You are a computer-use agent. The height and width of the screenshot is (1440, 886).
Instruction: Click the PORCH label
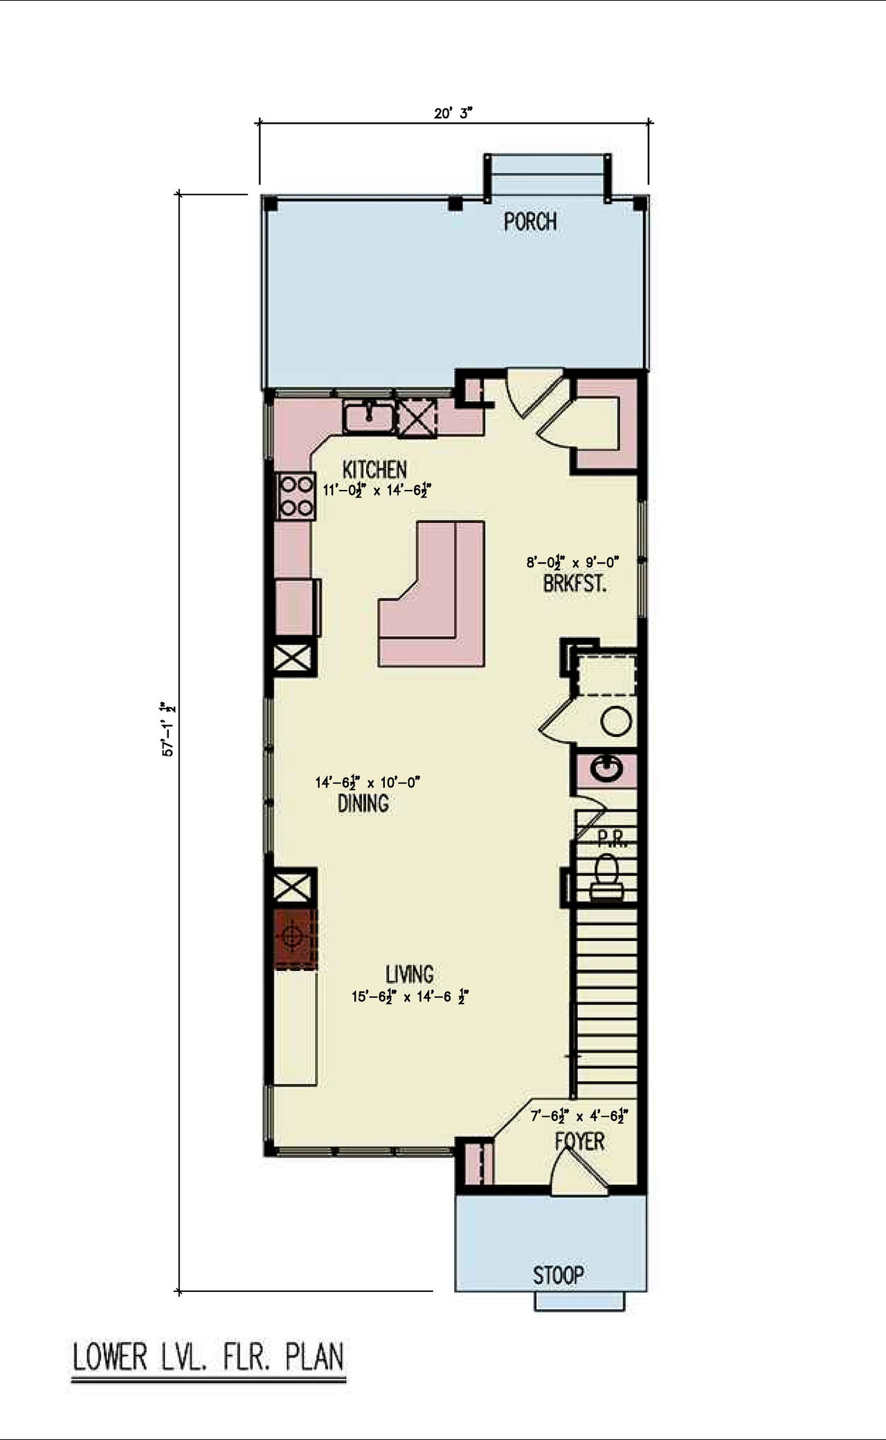pos(530,221)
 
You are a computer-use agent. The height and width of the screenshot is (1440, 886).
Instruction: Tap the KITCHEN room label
pos(374,469)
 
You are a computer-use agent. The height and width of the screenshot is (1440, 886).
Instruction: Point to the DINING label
pos(363,803)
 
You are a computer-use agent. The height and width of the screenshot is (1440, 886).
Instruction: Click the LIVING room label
pos(410,974)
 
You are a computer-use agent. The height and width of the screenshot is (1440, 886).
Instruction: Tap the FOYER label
pos(579,1141)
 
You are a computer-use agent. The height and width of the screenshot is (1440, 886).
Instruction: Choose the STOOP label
pos(558,1275)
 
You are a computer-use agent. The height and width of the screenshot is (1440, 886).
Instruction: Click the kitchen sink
pos(370,416)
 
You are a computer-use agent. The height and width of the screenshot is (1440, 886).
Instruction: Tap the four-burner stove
pos(295,496)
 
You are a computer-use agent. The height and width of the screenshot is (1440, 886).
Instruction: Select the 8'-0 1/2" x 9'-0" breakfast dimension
pos(572,562)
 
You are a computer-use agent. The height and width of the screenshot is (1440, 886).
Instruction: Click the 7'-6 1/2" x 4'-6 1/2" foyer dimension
pos(579,1115)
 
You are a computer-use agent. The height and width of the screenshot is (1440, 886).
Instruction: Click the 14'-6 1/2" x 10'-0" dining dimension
pos(368,783)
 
